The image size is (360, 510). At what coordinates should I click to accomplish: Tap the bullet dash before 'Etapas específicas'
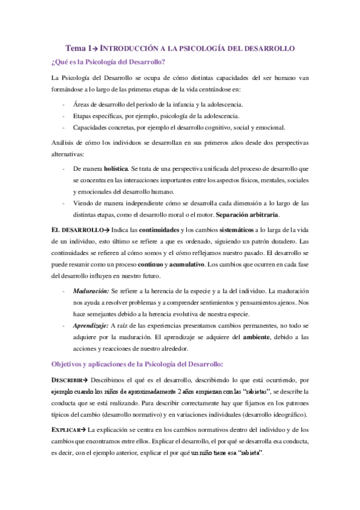tap(64, 115)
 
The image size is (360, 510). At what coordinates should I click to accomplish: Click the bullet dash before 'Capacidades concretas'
tap(64, 127)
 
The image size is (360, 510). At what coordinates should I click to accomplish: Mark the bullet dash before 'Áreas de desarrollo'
tap(64, 105)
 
